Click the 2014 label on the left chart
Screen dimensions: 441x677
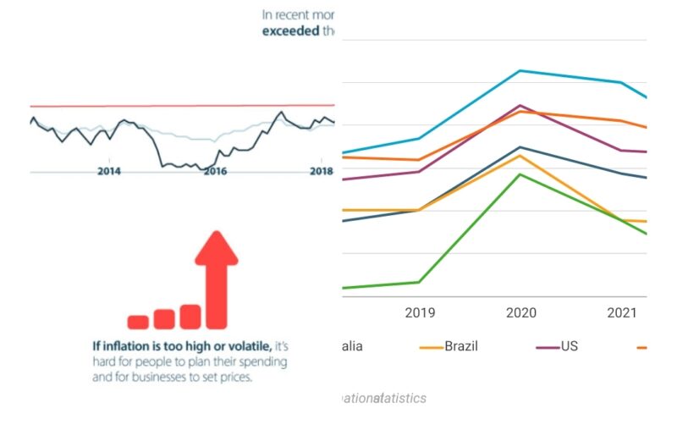[108, 171]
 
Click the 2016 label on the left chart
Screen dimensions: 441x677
[216, 171]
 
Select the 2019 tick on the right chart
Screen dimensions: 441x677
[420, 313]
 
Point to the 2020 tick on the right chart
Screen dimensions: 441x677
[520, 313]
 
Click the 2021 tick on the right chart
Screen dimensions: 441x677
[622, 313]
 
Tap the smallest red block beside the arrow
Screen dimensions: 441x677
[138, 322]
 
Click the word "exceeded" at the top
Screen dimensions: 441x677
[287, 31]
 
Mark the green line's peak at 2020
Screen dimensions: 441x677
[520, 174]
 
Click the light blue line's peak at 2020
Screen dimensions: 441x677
[520, 71]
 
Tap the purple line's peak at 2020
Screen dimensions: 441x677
[520, 106]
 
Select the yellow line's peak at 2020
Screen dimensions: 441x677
[520, 155]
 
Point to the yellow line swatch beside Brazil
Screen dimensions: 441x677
[432, 347]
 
